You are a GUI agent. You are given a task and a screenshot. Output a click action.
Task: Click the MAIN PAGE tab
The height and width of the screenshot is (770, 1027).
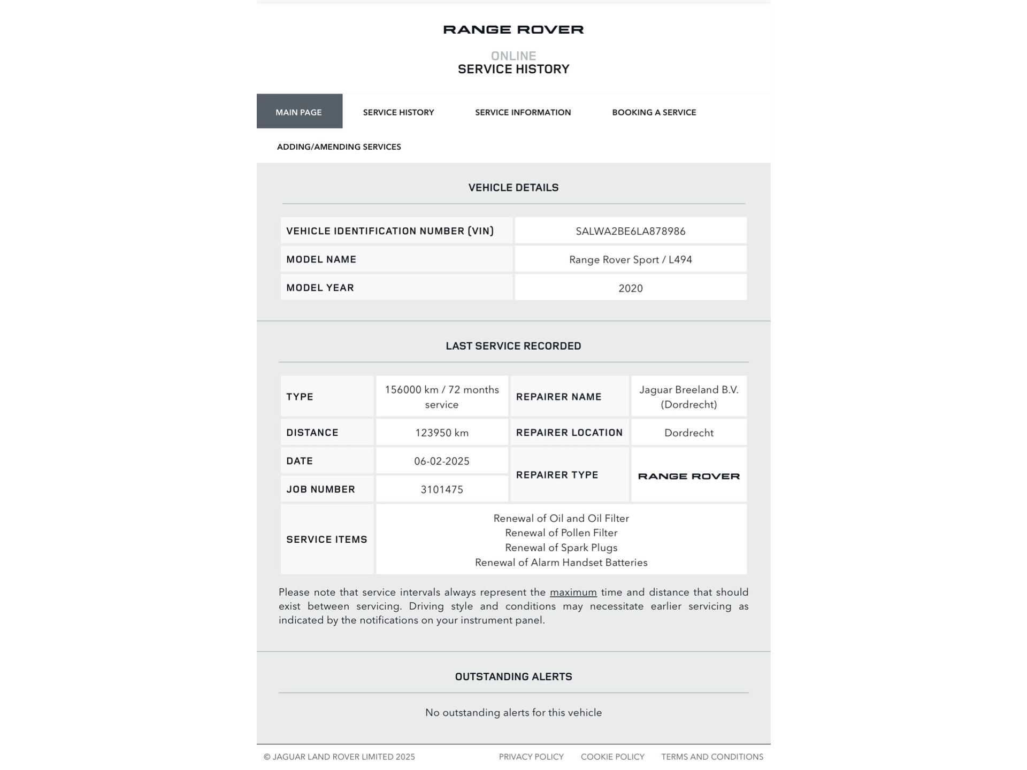point(299,112)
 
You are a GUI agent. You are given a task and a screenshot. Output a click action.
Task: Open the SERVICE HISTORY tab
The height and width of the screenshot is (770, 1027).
point(398,112)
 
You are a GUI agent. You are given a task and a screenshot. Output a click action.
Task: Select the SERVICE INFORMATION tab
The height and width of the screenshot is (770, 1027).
point(523,112)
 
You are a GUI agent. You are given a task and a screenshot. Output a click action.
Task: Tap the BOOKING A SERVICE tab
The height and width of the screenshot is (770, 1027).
point(654,112)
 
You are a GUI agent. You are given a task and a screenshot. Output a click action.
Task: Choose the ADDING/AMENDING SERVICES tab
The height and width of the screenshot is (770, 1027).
point(339,147)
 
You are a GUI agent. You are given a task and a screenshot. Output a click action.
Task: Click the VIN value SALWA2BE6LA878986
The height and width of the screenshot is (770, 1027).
point(630,231)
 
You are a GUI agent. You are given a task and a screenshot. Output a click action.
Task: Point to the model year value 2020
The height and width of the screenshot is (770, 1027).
point(630,288)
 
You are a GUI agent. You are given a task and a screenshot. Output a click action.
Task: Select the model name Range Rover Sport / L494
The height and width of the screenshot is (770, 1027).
point(630,259)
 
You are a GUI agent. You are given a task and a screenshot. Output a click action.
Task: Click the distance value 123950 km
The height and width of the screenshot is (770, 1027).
point(441,433)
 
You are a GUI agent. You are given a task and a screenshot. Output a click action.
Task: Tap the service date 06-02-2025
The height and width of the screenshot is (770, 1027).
point(441,461)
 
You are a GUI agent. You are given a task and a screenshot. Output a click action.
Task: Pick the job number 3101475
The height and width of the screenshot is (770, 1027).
point(441,489)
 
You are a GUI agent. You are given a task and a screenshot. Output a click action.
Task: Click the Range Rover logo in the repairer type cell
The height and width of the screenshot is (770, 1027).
point(688,476)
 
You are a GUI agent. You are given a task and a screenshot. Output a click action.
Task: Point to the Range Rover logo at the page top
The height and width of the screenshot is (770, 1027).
point(513,29)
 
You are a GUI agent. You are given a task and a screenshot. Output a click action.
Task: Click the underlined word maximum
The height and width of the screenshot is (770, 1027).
point(573,592)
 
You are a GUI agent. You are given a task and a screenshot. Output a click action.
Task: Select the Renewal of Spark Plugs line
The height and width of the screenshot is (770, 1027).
point(561,548)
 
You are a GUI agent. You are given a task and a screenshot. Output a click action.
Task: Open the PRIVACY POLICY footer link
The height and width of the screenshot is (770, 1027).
point(531,757)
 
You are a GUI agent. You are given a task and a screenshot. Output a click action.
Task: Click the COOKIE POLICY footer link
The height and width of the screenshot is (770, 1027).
point(612,757)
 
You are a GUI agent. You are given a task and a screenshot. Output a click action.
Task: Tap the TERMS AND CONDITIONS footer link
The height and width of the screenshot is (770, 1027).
point(711,757)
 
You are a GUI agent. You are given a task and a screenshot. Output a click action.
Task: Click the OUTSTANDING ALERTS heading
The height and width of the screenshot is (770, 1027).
point(513,676)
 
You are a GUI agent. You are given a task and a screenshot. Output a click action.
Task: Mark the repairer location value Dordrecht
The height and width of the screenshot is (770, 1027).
point(688,433)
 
